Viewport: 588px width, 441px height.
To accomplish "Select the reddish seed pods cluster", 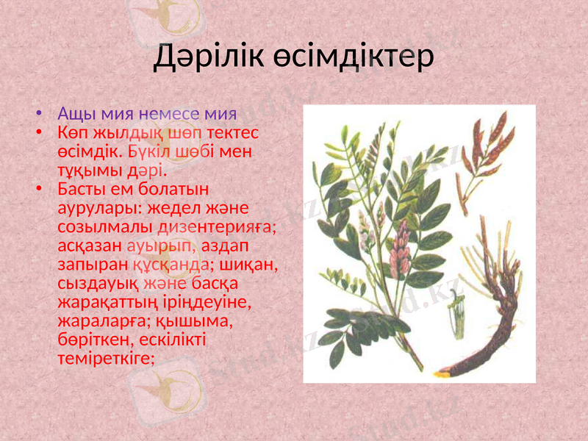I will [x=488, y=147].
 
